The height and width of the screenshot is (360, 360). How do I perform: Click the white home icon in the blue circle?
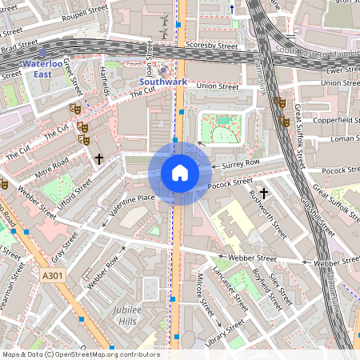(180, 173)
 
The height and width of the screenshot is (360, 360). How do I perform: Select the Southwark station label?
(162, 82)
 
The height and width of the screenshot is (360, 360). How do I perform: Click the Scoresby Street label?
(212, 46)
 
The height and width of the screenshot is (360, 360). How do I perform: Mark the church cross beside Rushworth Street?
(263, 193)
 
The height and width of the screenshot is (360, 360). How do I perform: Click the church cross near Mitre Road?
(99, 159)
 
